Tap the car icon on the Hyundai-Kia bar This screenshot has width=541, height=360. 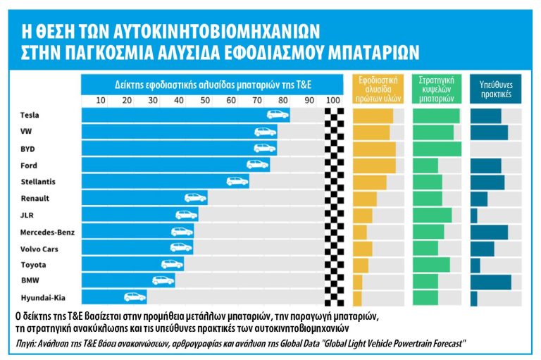(135, 297)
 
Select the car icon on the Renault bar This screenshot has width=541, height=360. (195, 198)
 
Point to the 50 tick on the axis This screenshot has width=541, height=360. (205, 101)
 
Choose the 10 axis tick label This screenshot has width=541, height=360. (100, 101)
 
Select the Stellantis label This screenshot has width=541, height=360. (38, 181)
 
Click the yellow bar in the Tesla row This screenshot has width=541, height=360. (373, 116)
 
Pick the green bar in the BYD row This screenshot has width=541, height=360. (437, 149)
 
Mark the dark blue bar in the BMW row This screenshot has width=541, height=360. (491, 281)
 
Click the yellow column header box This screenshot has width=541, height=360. (378, 87)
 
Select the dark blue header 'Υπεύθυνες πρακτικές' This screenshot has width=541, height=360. (496, 87)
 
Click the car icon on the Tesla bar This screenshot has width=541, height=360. (277, 115)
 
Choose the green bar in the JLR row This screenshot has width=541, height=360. (432, 215)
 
